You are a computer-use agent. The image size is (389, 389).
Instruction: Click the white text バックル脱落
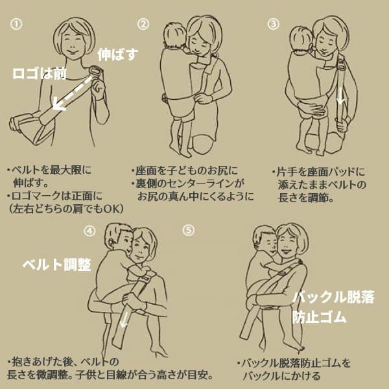(333, 298)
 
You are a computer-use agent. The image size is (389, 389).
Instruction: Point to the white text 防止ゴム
(319, 318)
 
